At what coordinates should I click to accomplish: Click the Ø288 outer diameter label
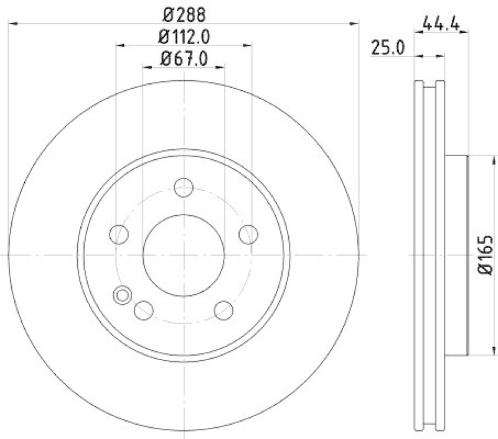[x=184, y=13]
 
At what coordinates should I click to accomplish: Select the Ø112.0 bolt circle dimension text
[x=184, y=37]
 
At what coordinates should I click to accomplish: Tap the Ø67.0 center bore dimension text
[x=184, y=59]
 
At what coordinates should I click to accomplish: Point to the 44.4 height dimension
[x=441, y=24]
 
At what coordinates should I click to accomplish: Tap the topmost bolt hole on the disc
[x=184, y=187]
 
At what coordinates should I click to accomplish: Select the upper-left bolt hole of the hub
[x=118, y=234]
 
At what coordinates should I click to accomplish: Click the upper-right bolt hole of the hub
[x=248, y=234]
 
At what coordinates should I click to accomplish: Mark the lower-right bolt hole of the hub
[x=223, y=309]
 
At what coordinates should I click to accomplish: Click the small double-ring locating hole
[x=122, y=295]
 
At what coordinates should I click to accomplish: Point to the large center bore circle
[x=184, y=255]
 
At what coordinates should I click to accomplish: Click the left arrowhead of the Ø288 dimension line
[x=12, y=24]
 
